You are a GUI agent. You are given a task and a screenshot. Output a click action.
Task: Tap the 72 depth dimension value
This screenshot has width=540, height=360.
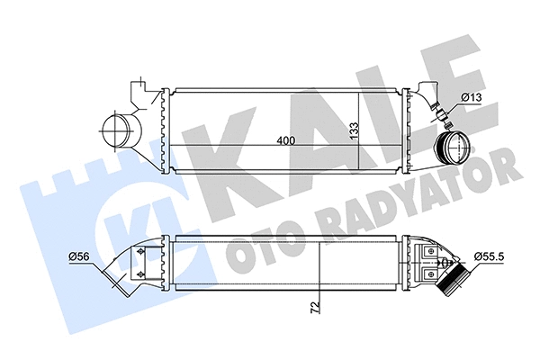(313, 308)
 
